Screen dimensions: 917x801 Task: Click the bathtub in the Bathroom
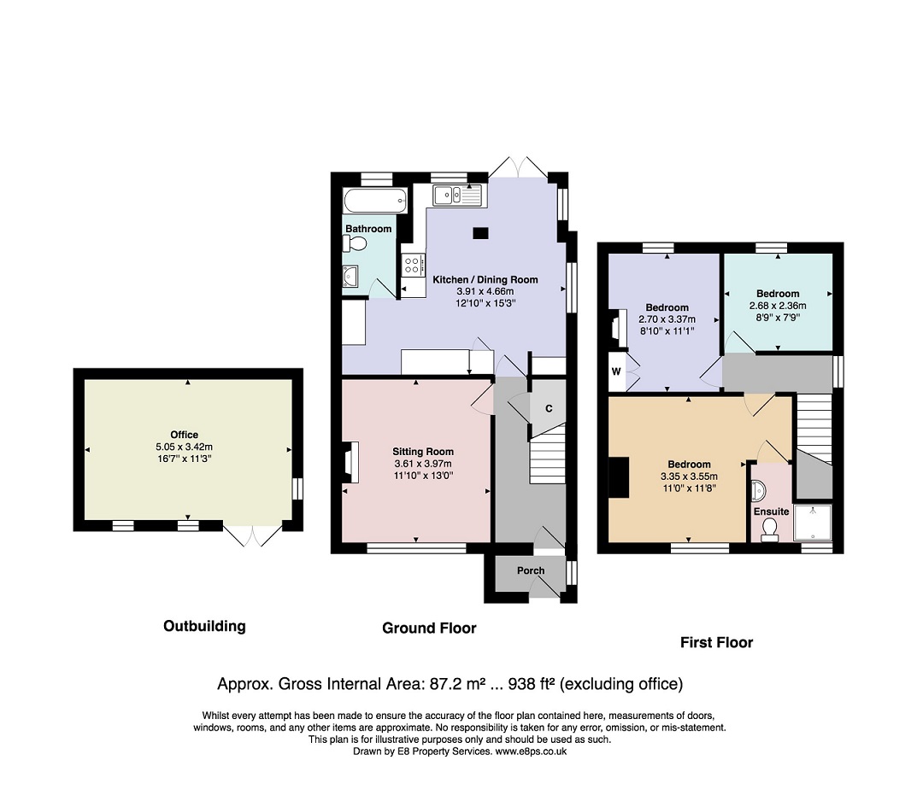(375, 201)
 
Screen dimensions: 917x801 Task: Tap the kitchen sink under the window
(456, 196)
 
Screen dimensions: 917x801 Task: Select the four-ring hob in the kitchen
(413, 265)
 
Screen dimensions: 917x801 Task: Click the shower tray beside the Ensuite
(813, 523)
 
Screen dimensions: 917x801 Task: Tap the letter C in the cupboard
(549, 408)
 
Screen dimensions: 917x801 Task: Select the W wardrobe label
(616, 371)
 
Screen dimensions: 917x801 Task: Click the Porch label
(531, 570)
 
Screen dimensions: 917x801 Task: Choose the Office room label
(185, 434)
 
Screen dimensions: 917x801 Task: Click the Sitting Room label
(423, 451)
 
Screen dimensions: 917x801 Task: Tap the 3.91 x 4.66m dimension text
(485, 291)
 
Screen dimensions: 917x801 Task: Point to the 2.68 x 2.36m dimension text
(778, 306)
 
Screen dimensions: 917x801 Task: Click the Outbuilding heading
(204, 626)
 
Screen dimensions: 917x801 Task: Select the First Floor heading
(716, 643)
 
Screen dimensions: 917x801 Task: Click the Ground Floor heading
(429, 628)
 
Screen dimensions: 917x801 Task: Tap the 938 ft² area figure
(532, 683)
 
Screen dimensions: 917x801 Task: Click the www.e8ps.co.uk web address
(531, 752)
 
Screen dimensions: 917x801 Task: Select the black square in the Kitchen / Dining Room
(480, 233)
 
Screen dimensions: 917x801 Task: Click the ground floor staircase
(548, 454)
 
